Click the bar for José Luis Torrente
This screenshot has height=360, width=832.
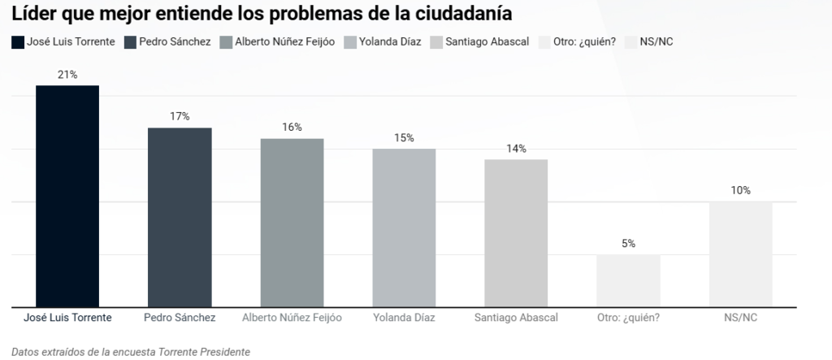click(x=67, y=197)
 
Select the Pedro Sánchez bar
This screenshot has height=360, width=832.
click(x=180, y=218)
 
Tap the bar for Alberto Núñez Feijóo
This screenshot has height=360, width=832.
click(x=292, y=223)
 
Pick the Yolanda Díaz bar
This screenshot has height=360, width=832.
click(x=404, y=228)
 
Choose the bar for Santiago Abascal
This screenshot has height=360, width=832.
click(x=516, y=234)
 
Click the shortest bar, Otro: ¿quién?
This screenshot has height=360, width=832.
click(x=628, y=281)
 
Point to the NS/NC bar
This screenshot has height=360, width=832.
click(x=740, y=255)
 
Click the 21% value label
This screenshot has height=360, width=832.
click(x=67, y=75)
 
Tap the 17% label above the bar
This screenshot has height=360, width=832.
click(x=180, y=117)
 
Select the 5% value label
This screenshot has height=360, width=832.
click(x=628, y=244)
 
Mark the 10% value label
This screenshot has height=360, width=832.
click(x=740, y=191)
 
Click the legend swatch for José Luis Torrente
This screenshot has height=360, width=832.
click(x=18, y=41)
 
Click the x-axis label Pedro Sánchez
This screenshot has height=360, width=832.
click(x=180, y=318)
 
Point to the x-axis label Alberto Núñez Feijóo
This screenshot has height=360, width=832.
click(x=292, y=318)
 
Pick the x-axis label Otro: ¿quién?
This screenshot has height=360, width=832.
click(x=628, y=318)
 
